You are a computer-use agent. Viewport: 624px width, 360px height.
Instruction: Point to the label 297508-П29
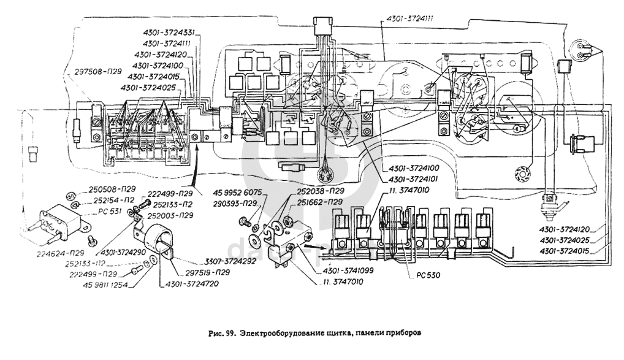click(x=97, y=71)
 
